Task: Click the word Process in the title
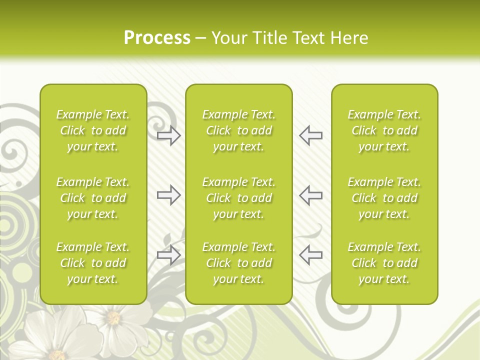pos(157,38)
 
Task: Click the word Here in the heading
pos(349,38)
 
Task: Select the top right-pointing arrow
pos(169,135)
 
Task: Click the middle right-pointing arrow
pos(169,194)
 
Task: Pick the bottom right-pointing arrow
pos(169,255)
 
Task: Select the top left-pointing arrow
pos(311,135)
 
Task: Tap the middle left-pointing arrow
pos(311,194)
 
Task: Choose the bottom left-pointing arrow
pos(311,255)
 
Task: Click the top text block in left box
pos(93,130)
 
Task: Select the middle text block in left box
pos(93,198)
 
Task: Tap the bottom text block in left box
pos(93,263)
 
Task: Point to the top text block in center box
pos(239,130)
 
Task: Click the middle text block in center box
pos(239,198)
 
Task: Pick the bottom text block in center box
pos(239,263)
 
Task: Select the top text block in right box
pos(384,130)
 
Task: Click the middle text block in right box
pos(384,198)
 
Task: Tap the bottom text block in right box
pos(384,263)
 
